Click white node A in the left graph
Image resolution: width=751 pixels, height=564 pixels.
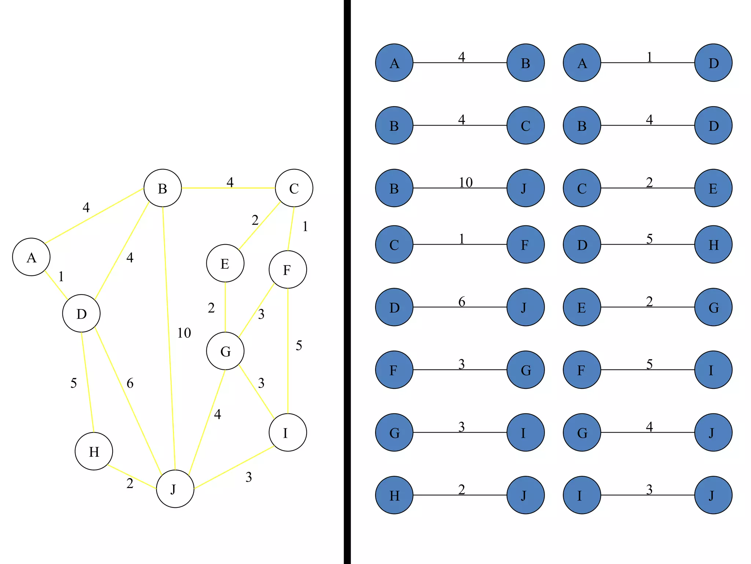point(31,257)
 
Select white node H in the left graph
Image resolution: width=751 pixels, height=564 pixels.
point(94,451)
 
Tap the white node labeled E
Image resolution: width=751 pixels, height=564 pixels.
point(225,263)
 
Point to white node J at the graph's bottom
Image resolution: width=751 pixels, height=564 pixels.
point(175,489)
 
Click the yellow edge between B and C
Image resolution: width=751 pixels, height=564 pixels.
point(228,188)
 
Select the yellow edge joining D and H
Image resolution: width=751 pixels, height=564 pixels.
point(88,382)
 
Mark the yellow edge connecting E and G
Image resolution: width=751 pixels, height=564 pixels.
point(225,307)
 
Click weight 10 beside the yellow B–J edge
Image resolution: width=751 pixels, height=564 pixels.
point(184,333)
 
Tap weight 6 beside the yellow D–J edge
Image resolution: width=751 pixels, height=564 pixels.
point(130,383)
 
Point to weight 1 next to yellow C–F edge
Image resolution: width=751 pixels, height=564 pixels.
point(305,227)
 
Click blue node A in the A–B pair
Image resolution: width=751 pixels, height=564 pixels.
point(394,63)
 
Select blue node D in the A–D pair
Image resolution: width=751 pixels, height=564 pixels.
point(713,63)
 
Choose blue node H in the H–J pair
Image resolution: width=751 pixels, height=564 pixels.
point(394,495)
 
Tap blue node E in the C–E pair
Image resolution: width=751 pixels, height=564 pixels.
point(713,188)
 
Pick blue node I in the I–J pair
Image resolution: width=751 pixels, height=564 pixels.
point(582,495)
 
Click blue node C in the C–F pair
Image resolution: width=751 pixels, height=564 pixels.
point(394,245)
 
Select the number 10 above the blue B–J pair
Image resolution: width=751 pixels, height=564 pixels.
point(466,182)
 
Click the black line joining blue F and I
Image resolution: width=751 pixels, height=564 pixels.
point(648,370)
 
